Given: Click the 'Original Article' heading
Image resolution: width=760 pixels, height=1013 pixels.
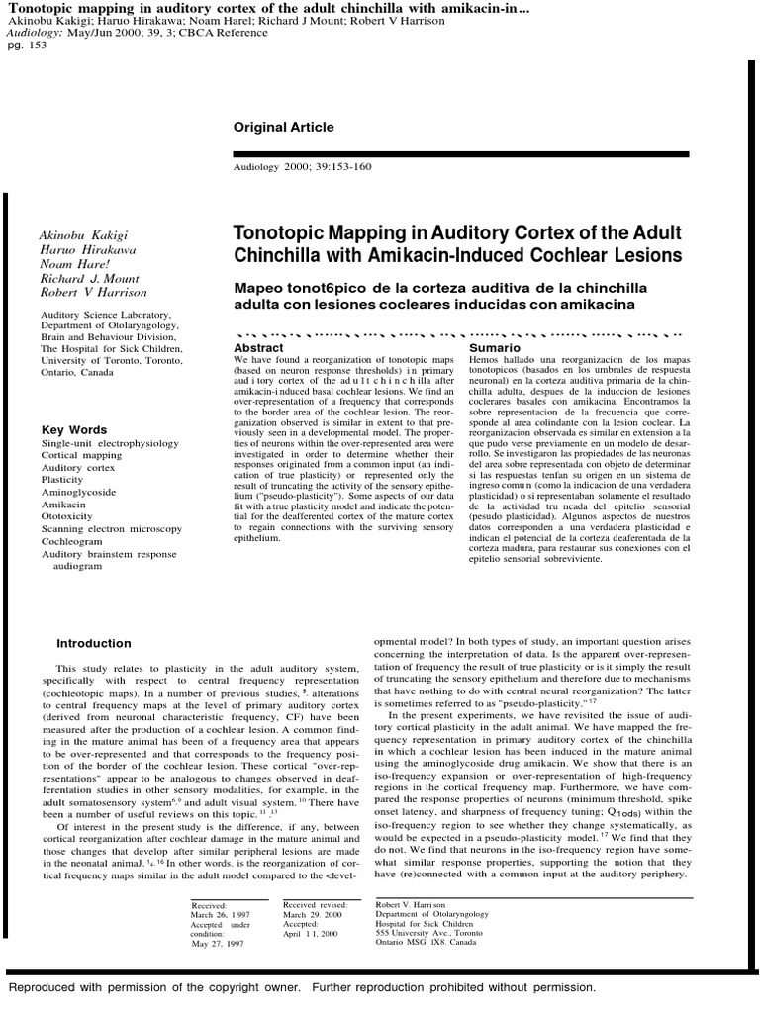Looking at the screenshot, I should point(283,128).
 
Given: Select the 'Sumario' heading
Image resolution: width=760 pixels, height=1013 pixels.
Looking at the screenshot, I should point(494,349).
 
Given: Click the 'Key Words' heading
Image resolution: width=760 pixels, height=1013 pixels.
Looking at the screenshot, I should point(74,430).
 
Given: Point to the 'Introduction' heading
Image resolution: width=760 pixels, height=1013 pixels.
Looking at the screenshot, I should point(93,643).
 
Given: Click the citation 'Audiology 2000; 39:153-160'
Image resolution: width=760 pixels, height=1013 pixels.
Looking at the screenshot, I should point(302,167).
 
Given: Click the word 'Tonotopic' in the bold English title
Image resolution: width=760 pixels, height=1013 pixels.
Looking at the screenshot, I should point(280,233).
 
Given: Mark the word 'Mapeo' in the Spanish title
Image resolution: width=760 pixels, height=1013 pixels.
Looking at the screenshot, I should point(259,288).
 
